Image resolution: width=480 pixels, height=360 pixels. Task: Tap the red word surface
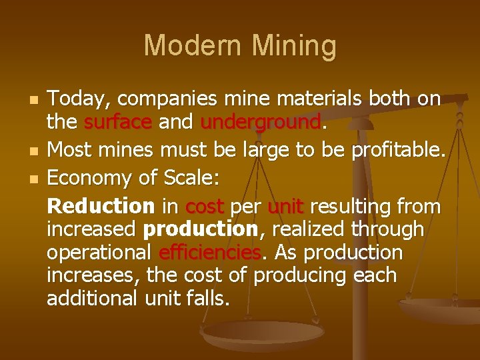(119, 122)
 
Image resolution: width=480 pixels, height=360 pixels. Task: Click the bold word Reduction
(100, 207)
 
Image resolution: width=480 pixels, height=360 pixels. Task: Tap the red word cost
(205, 207)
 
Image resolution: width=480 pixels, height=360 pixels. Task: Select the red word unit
(285, 207)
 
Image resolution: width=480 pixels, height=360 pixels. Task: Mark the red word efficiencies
(209, 253)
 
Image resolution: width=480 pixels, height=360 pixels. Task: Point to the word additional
(92, 298)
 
